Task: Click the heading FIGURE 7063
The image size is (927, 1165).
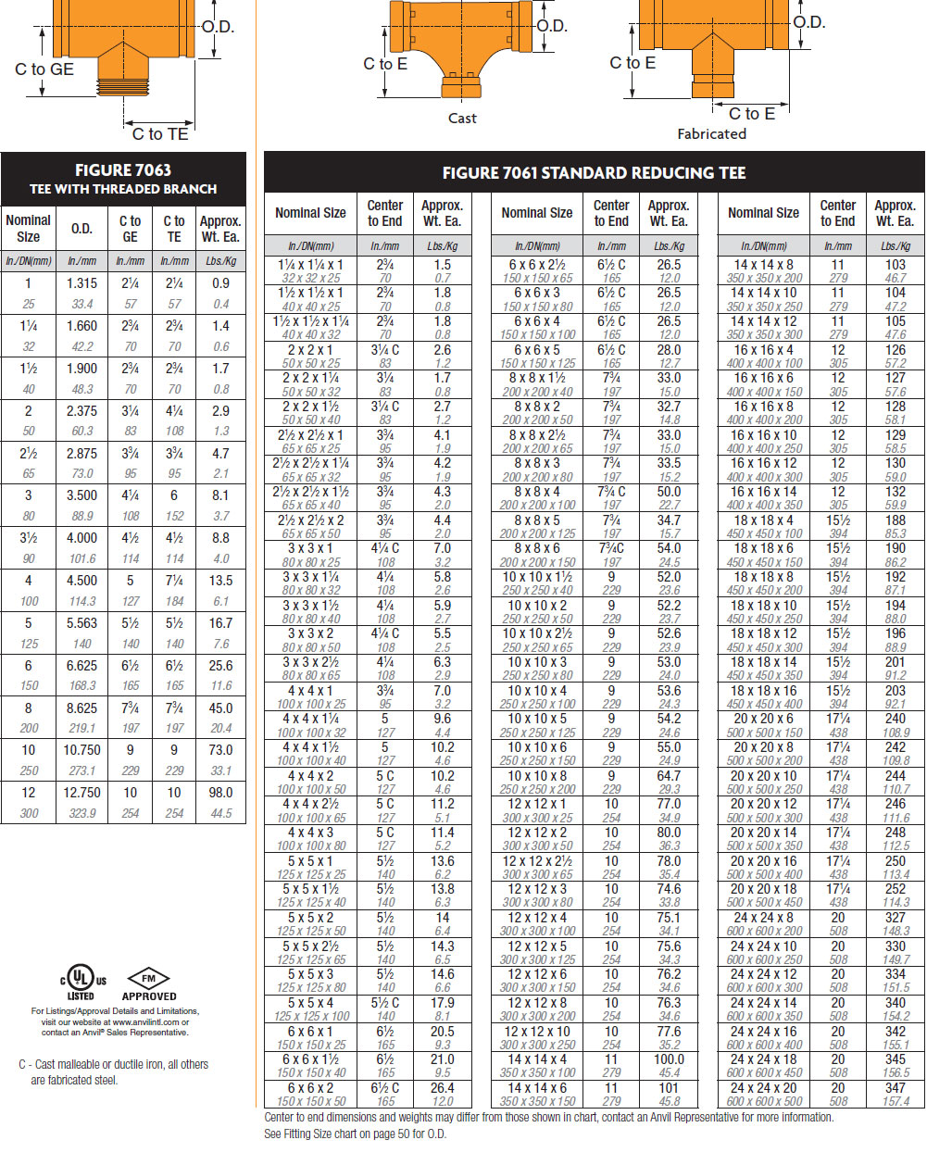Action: pos(123,169)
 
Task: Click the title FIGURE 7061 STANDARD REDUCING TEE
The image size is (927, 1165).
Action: pos(594,172)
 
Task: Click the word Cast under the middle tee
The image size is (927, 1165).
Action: pos(462,118)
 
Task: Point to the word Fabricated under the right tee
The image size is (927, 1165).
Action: pos(711,133)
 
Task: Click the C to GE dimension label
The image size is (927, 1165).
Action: pos(44,69)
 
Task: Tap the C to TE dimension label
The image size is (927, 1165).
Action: pos(160,134)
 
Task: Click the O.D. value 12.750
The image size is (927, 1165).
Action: pos(82,793)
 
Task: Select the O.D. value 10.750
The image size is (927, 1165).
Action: pos(82,750)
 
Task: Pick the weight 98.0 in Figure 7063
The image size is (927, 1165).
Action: pos(220,793)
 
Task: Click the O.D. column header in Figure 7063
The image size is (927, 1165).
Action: pos(82,228)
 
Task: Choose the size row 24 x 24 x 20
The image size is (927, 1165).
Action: pos(763,1087)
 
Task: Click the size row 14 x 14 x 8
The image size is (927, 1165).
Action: pos(763,265)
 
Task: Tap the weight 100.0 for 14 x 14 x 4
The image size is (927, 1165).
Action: pos(669,1059)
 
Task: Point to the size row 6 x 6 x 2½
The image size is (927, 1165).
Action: pos(537,265)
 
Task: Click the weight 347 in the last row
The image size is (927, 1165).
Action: pos(896,1087)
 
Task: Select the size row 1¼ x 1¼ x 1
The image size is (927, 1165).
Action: pos(310,265)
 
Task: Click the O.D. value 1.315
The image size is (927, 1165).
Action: pos(82,283)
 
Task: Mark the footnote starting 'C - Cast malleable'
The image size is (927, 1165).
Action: pos(114,1071)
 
